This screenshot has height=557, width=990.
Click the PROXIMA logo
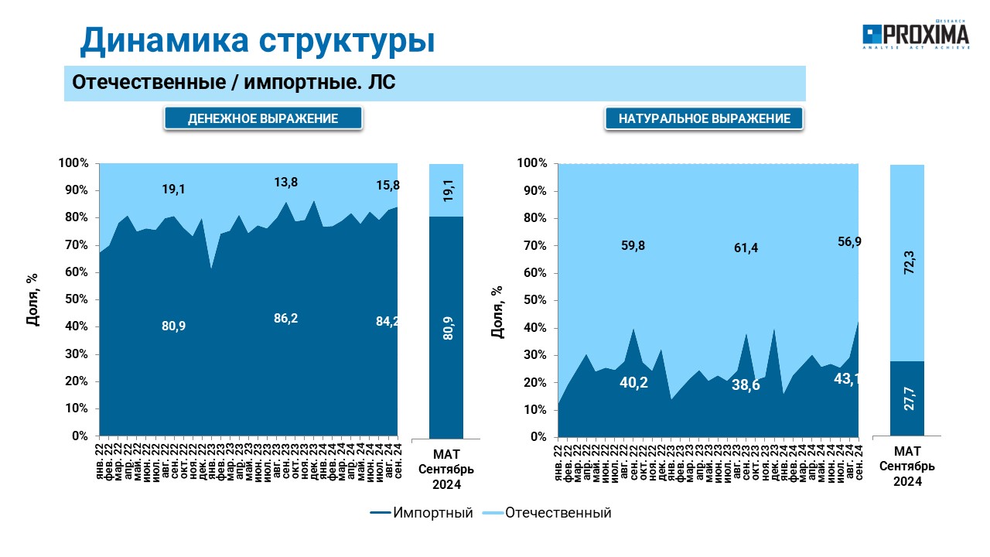coord(916,35)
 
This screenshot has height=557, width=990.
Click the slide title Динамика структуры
coord(258,40)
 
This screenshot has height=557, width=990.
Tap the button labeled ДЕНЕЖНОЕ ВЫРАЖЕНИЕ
coord(263,118)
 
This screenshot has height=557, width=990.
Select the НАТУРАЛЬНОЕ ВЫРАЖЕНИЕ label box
coord(704,118)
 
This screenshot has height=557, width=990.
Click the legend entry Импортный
coord(422,513)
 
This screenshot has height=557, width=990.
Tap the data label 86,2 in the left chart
coord(286,318)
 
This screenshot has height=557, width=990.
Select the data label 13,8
coord(286,182)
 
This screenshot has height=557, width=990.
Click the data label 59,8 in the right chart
coord(633,245)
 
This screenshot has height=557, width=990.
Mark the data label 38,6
coord(746,385)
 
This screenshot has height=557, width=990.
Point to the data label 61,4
coord(746,248)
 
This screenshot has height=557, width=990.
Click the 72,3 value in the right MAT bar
coord(909,262)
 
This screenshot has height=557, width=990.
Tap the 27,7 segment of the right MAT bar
coord(907,398)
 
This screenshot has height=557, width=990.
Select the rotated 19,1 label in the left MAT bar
coord(448,190)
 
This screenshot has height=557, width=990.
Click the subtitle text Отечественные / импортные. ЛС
coord(234,82)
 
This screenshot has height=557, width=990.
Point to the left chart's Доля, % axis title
coord(32,299)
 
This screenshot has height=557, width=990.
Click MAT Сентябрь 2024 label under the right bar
coord(907,466)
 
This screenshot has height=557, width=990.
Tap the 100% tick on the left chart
coord(73,163)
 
